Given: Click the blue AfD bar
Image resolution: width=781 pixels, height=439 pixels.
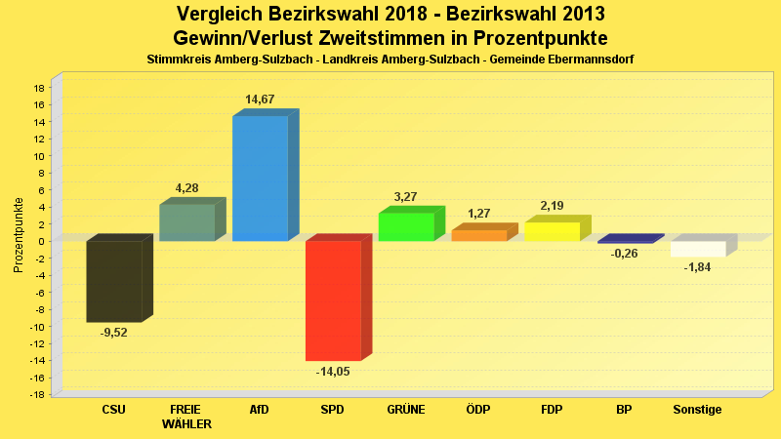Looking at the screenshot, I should click(260, 178).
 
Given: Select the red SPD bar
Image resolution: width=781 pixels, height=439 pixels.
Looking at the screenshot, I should click(333, 300).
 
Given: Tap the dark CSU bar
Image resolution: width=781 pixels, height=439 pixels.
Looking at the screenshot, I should click(113, 281).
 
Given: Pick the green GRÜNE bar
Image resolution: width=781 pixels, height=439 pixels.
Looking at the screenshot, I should click(406, 226).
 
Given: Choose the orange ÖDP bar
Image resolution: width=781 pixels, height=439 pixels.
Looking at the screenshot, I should click(478, 235).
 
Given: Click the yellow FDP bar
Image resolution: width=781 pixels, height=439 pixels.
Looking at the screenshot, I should click(552, 231).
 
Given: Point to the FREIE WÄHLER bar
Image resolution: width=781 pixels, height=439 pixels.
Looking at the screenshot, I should click(186, 222).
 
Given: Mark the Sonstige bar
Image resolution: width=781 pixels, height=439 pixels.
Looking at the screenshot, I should click(698, 249).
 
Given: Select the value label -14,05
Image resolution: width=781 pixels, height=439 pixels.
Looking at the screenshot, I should click(333, 372).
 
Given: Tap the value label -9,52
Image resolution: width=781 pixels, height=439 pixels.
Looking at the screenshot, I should click(114, 333).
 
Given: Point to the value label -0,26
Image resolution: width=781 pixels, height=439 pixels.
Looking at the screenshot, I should click(625, 255).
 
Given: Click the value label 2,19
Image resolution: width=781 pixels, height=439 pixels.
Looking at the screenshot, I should click(554, 206).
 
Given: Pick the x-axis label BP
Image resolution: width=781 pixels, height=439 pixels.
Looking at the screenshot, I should click(625, 410).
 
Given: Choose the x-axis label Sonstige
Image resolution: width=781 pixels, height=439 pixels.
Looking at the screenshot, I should click(697, 410).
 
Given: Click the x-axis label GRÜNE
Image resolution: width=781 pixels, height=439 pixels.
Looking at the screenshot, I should click(406, 410).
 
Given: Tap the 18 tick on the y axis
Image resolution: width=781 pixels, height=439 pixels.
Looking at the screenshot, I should click(39, 88).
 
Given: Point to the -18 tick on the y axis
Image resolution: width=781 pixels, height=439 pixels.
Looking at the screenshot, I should click(37, 394).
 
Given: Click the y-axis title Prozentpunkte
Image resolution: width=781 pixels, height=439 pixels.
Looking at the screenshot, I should click(18, 235).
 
